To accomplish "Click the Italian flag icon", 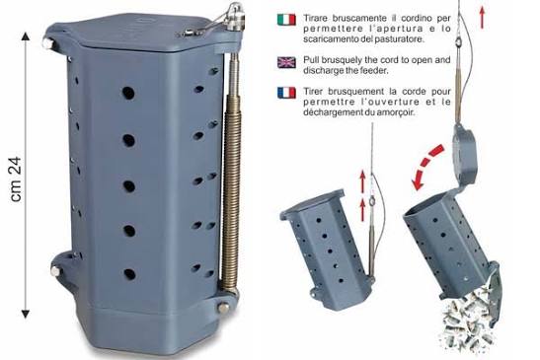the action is [286, 20].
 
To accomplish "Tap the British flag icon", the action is [286, 62].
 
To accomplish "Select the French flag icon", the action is [286, 93].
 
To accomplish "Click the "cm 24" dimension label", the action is [16, 180].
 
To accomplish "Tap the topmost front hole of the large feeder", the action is [128, 93].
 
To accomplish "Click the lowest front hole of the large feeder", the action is [129, 274].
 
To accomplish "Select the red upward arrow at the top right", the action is [482, 18].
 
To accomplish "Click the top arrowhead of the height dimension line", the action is [26, 36].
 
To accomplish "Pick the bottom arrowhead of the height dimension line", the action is [26, 314].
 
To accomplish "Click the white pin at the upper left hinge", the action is [47, 44].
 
